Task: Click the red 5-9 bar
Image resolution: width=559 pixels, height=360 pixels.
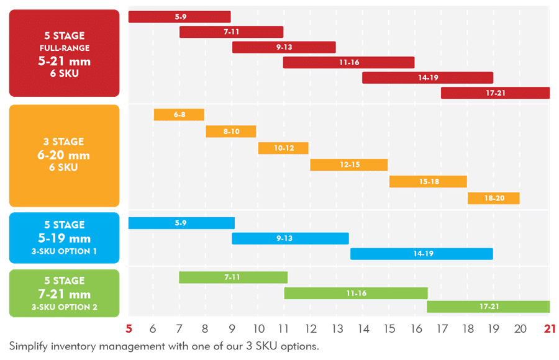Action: pos(179,17)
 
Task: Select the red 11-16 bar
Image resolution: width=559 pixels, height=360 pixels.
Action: pos(348,63)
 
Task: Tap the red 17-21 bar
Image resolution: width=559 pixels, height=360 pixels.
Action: pos(495,93)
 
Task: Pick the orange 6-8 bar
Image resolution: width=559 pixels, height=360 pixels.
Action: pos(179,115)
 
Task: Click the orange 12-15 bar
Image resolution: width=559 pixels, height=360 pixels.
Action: pos(348,165)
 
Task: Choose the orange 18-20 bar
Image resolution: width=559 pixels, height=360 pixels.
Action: pos(493,199)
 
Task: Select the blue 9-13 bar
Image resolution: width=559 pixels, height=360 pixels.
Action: pos(290,238)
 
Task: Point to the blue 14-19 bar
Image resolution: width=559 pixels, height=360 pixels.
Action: pos(421,254)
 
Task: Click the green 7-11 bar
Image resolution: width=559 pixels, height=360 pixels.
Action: pos(233,277)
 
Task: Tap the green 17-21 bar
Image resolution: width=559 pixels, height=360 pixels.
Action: pos(488,307)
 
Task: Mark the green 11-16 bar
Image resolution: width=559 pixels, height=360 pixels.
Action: pos(356,293)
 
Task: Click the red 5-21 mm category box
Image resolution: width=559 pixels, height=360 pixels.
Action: pos(64,53)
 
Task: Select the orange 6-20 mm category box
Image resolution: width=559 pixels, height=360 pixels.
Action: pos(64,155)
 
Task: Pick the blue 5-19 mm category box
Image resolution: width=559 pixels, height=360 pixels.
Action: pos(64,238)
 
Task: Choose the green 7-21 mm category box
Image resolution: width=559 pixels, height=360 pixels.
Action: pos(64,294)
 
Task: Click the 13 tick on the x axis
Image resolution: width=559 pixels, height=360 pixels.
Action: pos(338,330)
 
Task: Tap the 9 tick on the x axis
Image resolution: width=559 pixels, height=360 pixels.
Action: pos(232,330)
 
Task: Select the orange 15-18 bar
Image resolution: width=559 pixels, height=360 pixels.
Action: pos(428,182)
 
